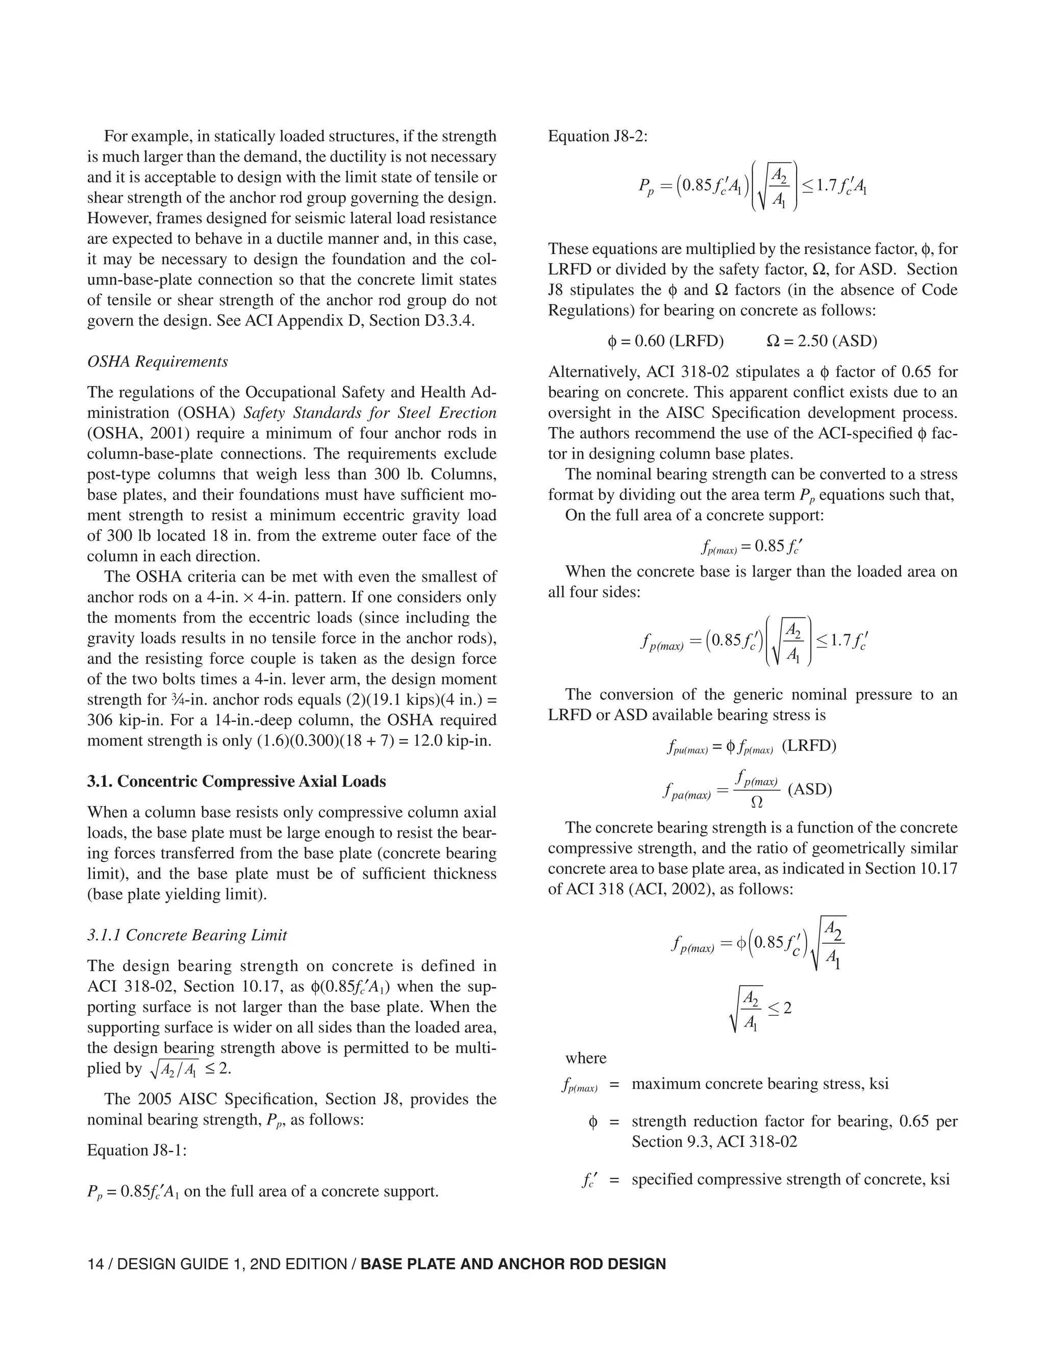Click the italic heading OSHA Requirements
[x=157, y=362]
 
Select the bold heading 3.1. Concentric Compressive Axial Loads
[x=236, y=781]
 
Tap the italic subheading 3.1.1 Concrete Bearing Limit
[x=187, y=935]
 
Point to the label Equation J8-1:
[x=137, y=1150]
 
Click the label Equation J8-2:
[x=598, y=136]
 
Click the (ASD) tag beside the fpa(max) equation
[x=810, y=789]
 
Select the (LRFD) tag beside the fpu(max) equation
[x=809, y=746]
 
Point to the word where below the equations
[x=586, y=1058]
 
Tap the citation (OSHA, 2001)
[x=126, y=433]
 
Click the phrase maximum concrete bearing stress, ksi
[x=760, y=1084]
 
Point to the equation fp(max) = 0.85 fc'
[x=752, y=546]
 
